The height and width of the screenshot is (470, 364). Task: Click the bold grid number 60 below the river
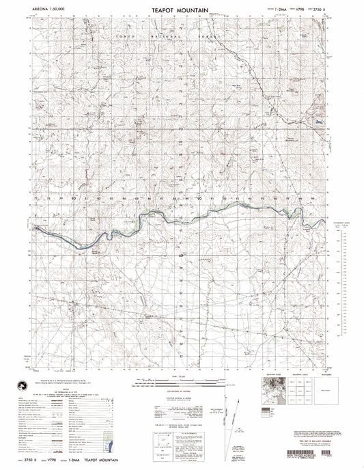181,256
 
